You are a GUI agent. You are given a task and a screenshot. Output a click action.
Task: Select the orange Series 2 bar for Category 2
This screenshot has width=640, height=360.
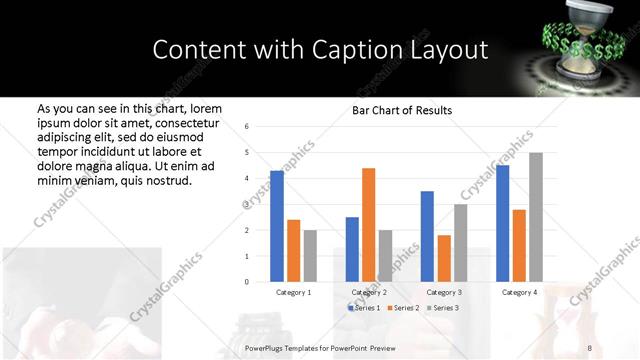pos(368,224)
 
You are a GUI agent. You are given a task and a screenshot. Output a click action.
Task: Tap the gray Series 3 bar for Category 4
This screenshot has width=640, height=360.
pos(535,217)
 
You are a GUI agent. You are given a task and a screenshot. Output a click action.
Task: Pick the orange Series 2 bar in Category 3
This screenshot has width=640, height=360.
pos(443,258)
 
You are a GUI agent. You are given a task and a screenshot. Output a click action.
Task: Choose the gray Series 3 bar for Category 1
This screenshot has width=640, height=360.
pos(310,255)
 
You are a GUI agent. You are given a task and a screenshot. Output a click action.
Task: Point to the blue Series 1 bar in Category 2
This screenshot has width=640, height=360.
pos(352,249)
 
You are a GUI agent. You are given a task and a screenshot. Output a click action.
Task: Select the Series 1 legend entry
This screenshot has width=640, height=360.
pos(363,307)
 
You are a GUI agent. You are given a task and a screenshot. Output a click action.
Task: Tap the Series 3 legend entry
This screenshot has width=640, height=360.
pos(443,307)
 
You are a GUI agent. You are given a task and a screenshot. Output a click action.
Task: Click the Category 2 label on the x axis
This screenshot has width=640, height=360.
pos(369,292)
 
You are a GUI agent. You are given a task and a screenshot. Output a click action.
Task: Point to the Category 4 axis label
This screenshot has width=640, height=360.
pos(518,292)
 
